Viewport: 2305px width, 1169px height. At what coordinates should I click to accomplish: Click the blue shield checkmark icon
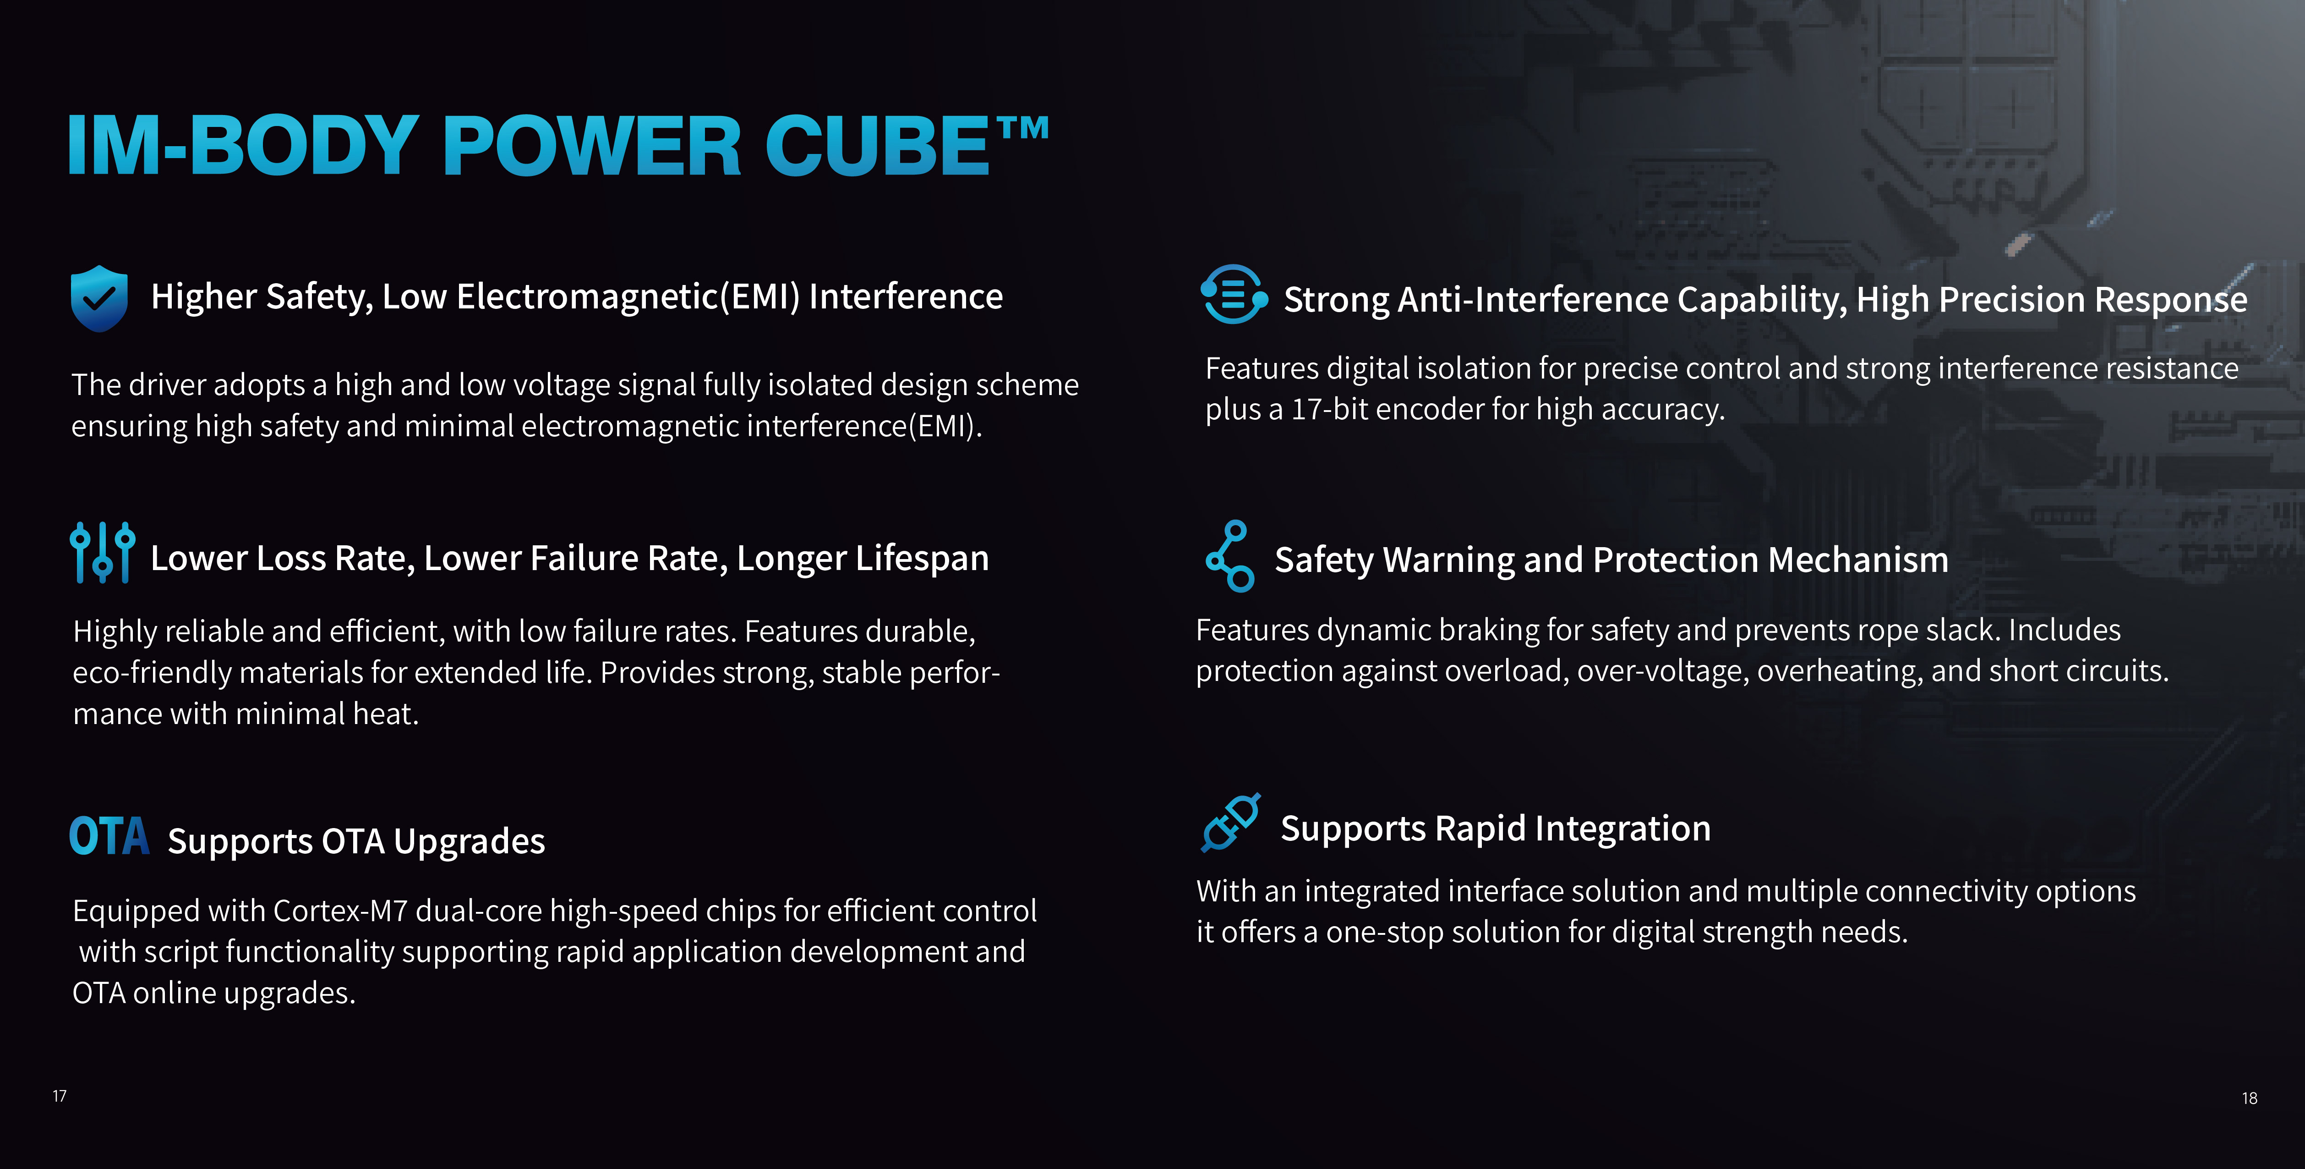point(98,298)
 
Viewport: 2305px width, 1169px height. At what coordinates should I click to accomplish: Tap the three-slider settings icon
point(102,552)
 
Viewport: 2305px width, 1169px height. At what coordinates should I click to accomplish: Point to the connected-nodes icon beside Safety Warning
point(1230,556)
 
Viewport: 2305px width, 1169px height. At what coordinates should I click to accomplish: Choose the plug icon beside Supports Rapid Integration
point(1230,822)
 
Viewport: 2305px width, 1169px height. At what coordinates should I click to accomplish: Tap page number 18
point(2250,1098)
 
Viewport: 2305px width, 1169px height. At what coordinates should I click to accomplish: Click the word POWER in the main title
point(591,146)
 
